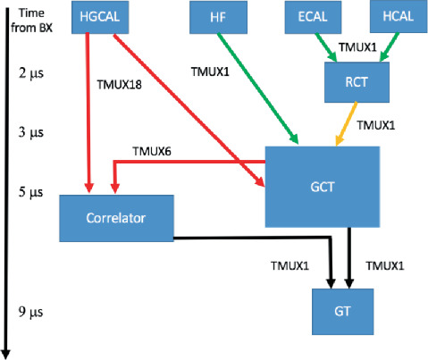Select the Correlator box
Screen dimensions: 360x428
(116, 217)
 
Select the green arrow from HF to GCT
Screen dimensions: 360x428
(257, 89)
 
